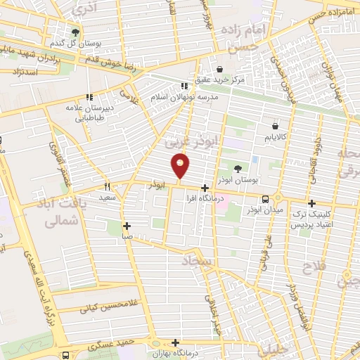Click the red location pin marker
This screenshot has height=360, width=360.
point(181,166)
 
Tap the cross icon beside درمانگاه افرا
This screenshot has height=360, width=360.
point(205,188)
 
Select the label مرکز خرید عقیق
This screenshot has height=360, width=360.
point(221,80)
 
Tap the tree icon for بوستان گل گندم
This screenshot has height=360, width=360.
point(76,32)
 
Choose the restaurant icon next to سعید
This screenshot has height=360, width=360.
point(108,187)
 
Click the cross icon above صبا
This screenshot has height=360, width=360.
point(127,226)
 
